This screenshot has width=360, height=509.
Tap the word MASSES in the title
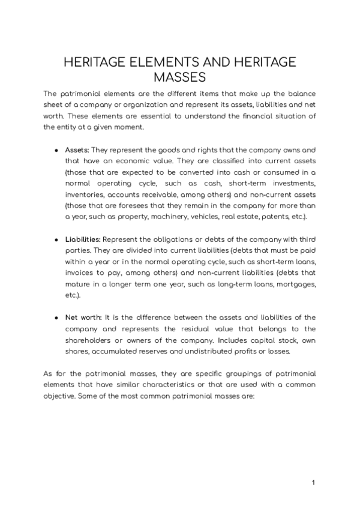click(x=180, y=78)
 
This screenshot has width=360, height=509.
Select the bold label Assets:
click(x=77, y=149)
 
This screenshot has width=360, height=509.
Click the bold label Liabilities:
click(x=83, y=239)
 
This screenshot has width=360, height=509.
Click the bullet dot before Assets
click(x=56, y=149)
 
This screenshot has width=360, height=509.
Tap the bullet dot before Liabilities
click(x=56, y=239)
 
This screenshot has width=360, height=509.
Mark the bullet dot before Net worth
click(x=56, y=318)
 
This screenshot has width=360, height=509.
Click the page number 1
click(x=313, y=483)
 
